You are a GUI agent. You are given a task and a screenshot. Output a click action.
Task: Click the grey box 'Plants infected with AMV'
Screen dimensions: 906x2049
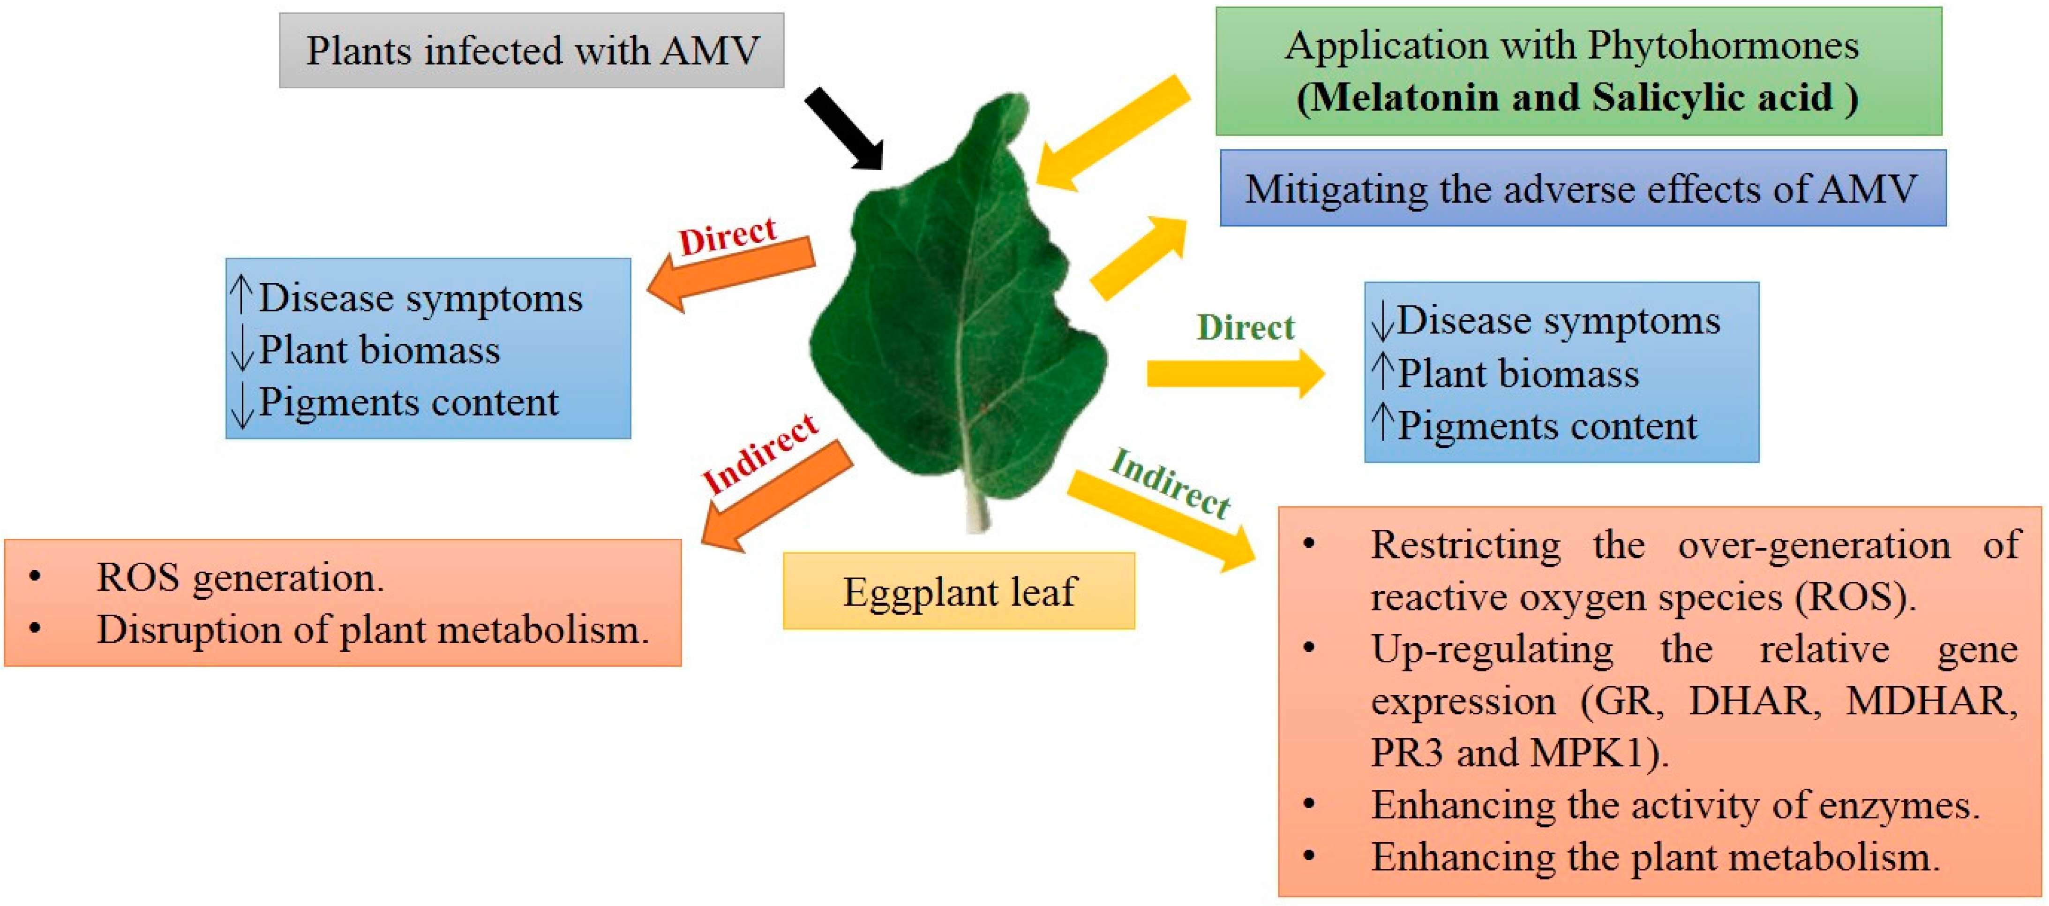click(x=531, y=50)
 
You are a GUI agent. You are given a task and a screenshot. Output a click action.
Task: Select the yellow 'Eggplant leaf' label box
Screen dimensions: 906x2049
click(x=959, y=591)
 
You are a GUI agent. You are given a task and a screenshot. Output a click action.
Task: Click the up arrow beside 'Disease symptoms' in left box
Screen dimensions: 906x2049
click(x=241, y=295)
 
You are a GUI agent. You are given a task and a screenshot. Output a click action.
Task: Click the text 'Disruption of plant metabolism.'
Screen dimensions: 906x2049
click(x=372, y=629)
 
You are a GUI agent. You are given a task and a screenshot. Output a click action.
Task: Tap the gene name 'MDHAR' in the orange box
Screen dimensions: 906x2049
click(x=1931, y=701)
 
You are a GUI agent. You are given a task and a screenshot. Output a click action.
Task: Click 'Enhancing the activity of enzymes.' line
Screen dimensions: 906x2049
click(x=1674, y=805)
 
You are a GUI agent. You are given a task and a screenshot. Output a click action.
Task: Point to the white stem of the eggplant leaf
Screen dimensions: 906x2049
click(x=977, y=509)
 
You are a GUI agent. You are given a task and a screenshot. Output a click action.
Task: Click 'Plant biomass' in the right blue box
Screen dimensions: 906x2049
click(x=1518, y=373)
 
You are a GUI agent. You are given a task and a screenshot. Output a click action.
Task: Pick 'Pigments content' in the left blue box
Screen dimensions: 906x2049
click(x=408, y=402)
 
